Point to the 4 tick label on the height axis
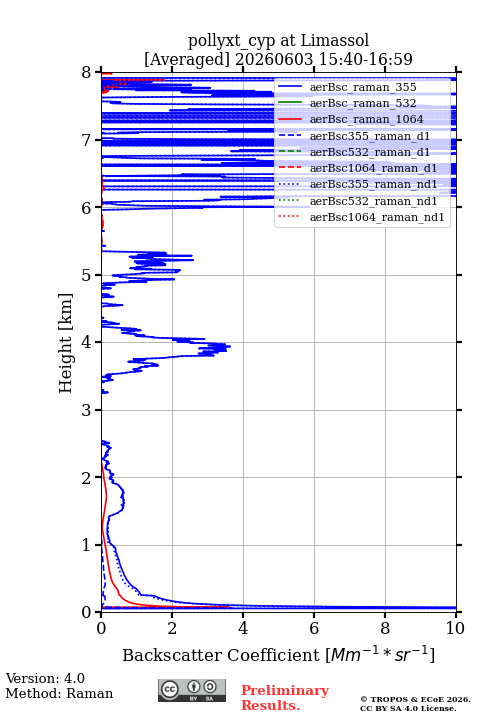click(x=86, y=343)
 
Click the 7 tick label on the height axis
click(x=86, y=140)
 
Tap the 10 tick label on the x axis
click(x=455, y=628)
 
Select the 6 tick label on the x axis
click(x=314, y=628)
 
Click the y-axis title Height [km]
click(x=66, y=343)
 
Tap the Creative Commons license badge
click(x=192, y=690)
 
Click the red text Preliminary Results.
click(x=285, y=698)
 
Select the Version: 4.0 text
click(x=45, y=678)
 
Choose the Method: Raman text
click(x=59, y=693)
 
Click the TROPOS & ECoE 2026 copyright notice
click(x=416, y=699)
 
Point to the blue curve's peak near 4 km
click(x=230, y=346)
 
